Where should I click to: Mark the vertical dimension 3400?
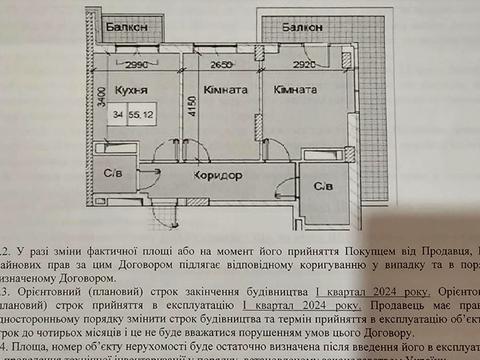pyautogui.click(x=102, y=100)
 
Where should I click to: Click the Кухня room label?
pyautogui.click(x=132, y=89)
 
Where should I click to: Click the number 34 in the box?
pyautogui.click(x=119, y=117)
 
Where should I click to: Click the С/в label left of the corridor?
pyautogui.click(x=114, y=175)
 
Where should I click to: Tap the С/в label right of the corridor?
pyautogui.click(x=323, y=187)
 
